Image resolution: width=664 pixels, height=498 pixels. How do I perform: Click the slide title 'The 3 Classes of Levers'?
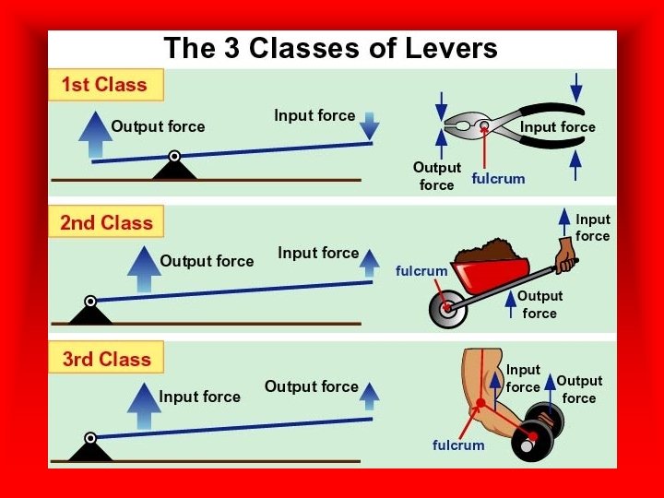coord(330,48)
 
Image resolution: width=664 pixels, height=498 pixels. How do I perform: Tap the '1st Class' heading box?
coord(104,85)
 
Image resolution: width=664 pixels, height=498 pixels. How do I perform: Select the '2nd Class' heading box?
coord(106,222)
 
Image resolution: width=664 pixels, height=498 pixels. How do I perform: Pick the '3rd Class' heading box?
coord(106,359)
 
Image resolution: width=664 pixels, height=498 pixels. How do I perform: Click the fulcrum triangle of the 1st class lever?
coord(174,168)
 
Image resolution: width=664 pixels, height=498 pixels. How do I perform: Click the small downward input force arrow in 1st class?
coord(369,125)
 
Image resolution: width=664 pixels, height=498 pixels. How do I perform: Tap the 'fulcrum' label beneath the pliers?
coord(498,178)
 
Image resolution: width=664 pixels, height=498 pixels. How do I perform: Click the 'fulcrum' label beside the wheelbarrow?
coord(421,270)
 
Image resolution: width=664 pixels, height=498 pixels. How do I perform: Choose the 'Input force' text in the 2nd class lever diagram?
coord(318,253)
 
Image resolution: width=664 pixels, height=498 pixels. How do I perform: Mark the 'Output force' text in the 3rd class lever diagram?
coord(311,386)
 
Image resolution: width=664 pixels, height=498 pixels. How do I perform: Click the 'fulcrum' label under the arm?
coord(458,445)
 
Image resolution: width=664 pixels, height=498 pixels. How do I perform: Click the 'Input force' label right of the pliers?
coord(558,126)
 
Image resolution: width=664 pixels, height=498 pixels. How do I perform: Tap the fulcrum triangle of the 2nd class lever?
coord(90,313)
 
